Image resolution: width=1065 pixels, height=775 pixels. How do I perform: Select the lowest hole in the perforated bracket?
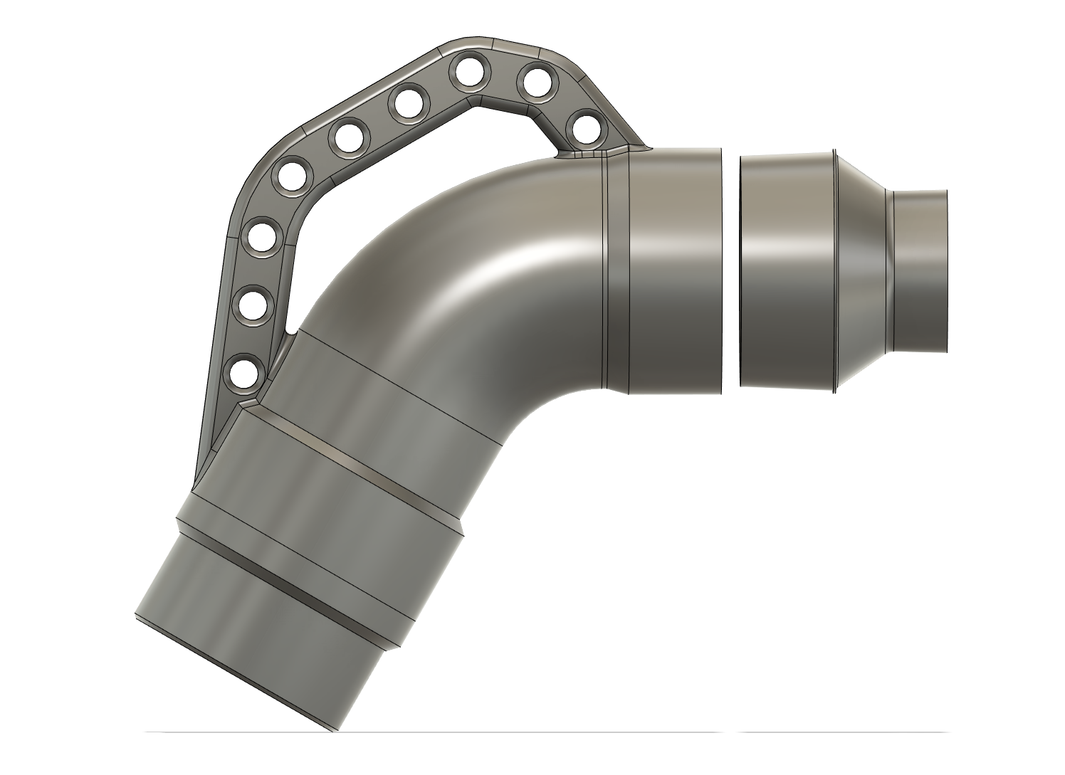pyautogui.click(x=243, y=372)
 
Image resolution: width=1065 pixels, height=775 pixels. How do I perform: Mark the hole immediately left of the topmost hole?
pyautogui.click(x=407, y=104)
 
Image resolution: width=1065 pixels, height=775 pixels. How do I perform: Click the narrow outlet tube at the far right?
pyautogui.click(x=920, y=270)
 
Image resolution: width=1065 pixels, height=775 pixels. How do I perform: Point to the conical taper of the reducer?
pyautogui.click(x=861, y=270)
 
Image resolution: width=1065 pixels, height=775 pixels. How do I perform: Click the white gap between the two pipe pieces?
pyautogui.click(x=731, y=270)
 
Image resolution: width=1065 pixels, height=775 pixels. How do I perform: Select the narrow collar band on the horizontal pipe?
pyautogui.click(x=616, y=270)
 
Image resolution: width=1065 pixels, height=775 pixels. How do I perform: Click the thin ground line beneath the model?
pyautogui.click(x=427, y=732)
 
